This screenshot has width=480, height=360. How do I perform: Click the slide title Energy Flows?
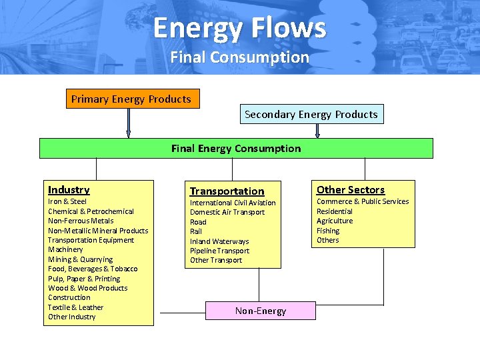pos(239,28)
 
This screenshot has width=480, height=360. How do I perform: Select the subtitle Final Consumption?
pos(239,57)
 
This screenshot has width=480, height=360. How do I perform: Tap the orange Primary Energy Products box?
pos(131,99)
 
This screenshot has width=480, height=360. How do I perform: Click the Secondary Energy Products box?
pos(311,114)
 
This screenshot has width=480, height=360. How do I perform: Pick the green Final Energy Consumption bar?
pos(236,148)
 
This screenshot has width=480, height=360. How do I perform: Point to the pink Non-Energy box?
pos(261,311)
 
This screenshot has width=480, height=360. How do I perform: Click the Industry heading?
pos(69,190)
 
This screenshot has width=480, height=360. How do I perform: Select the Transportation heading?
pos(227,191)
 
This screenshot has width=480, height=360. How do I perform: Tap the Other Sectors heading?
pos(350,190)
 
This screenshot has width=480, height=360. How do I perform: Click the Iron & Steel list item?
pos(67,201)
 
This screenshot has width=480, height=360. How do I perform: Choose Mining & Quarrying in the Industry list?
pos(80,259)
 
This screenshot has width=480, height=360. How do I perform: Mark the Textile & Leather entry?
pos(75,307)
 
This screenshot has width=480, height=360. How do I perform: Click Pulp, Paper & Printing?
pos(84,279)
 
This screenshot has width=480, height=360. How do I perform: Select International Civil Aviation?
pos(233,203)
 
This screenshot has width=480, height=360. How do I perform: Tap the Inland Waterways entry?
pos(219,241)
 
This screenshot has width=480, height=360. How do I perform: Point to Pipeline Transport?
pos(219,251)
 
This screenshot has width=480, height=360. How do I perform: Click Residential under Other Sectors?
pos(334,211)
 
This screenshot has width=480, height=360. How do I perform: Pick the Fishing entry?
pos(328,231)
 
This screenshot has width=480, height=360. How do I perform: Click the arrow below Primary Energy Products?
pos(129,123)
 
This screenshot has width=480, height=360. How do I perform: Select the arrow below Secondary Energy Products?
pos(317,131)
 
